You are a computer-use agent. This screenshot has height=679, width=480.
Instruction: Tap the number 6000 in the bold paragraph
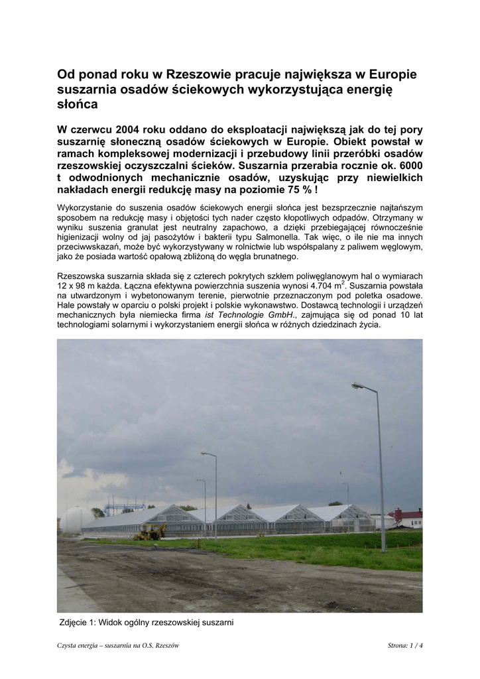(x=410, y=165)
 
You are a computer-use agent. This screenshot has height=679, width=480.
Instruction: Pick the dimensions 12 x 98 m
(x=78, y=286)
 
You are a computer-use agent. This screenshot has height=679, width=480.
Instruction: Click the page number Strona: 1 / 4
(x=404, y=646)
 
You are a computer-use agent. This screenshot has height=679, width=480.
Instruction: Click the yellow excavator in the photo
(x=150, y=531)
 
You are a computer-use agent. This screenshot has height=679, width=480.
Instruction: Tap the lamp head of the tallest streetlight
(x=357, y=385)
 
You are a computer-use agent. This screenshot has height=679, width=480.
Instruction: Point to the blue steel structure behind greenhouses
(x=124, y=507)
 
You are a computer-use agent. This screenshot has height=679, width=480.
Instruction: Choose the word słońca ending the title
(x=78, y=104)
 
